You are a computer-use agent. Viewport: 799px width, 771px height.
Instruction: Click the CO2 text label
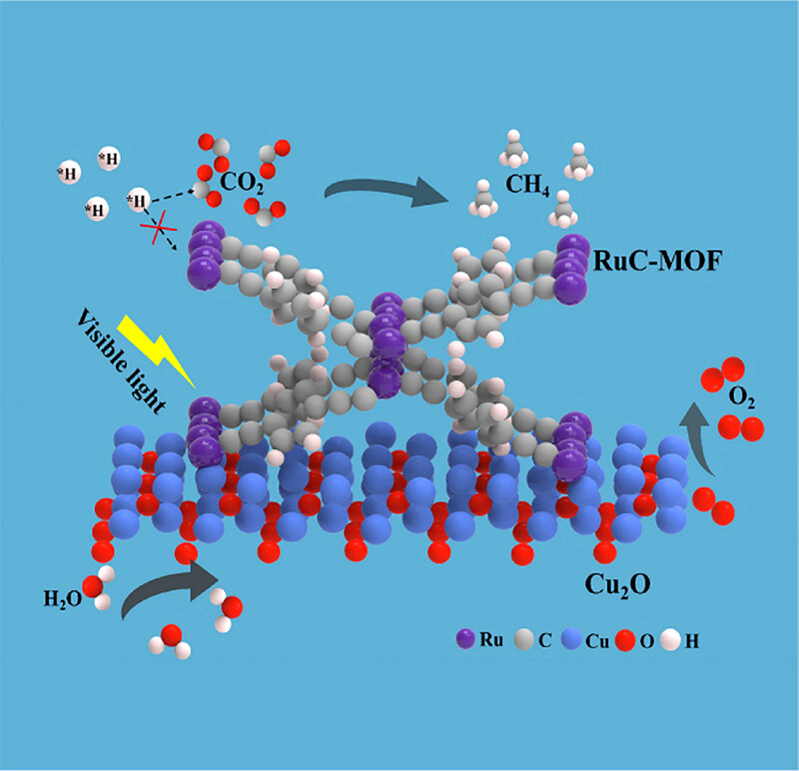(242, 183)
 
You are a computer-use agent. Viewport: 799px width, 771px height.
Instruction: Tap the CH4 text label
(527, 184)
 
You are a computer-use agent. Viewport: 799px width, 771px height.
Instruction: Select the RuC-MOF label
(658, 261)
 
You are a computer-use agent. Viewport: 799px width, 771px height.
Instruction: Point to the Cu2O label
(617, 585)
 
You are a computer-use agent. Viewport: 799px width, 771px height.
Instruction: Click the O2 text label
(741, 396)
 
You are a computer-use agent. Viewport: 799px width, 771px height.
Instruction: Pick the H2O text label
(62, 599)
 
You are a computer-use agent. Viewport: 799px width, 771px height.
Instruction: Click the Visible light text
(121, 361)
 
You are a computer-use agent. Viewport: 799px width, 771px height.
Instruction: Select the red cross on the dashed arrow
(159, 228)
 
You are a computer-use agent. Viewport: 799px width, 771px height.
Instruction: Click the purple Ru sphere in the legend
(465, 639)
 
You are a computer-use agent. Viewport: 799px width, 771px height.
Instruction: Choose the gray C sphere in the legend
(523, 639)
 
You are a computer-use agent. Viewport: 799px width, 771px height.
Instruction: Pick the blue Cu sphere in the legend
(571, 639)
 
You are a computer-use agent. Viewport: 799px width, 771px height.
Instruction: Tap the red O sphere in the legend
(625, 640)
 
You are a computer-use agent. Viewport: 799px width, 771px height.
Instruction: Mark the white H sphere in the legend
(670, 640)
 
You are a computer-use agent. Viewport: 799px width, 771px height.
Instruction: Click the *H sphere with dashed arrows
(138, 200)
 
